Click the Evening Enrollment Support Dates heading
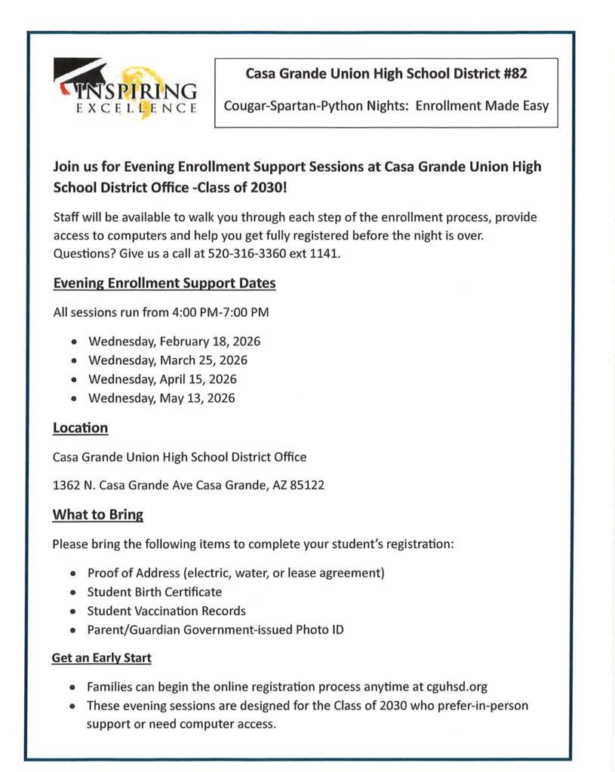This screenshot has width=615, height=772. (164, 283)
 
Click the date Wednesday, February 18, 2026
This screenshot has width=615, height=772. (174, 342)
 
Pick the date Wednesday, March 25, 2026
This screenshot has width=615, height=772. (168, 360)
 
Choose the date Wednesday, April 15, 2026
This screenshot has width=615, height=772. (162, 379)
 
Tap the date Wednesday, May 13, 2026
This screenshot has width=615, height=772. (161, 398)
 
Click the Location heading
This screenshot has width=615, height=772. (80, 428)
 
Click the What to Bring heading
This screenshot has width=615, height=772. (97, 515)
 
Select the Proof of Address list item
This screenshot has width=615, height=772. (235, 573)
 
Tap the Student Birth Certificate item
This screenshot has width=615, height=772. (154, 592)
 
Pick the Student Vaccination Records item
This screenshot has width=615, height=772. (166, 611)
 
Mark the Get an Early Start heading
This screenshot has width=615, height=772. (101, 658)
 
